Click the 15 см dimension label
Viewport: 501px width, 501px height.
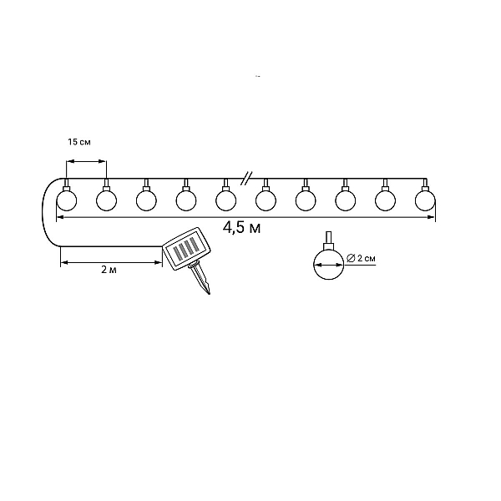(79, 142)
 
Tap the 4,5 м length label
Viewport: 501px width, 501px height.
(241, 228)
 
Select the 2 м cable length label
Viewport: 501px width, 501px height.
(109, 270)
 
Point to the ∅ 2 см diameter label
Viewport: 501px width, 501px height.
(361, 258)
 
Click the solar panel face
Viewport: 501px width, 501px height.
(187, 249)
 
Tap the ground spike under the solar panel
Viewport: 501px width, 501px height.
(200, 278)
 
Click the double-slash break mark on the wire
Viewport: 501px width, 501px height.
(246, 179)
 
